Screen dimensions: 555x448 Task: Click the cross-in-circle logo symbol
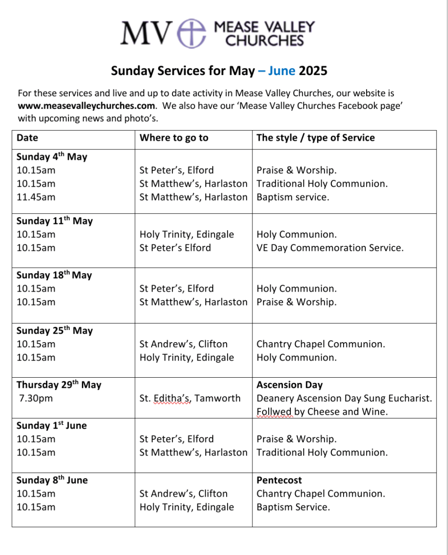pos(192,32)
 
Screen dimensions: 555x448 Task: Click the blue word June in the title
pos(282,71)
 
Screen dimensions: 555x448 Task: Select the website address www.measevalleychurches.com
pos(86,106)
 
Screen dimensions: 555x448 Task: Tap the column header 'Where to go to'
pos(174,137)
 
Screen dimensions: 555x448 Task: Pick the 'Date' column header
pos(27,137)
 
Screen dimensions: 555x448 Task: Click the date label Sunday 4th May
pos(52,157)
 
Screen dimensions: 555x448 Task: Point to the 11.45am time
pos(36,197)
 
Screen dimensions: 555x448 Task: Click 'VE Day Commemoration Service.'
pos(330,248)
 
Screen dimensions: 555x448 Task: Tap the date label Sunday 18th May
pos(54,275)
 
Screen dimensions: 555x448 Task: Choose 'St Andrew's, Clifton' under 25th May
pos(184,344)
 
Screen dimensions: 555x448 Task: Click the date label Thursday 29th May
pos(59,385)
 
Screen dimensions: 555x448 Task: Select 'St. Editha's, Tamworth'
pos(190,398)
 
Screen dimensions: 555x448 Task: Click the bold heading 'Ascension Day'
pos(289,385)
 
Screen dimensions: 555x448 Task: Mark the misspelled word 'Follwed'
pos(274,412)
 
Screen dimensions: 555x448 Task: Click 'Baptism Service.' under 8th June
pos(293,507)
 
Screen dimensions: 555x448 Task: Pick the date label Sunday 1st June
pos(51,425)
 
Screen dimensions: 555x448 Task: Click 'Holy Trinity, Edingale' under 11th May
pos(187,234)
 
